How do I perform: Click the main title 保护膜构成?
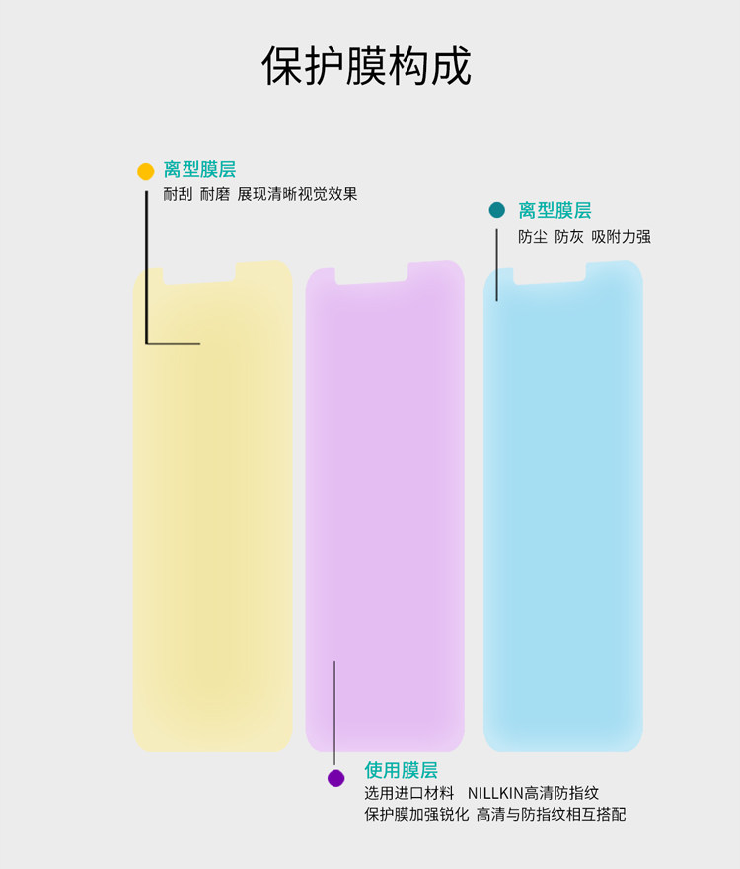click(x=367, y=66)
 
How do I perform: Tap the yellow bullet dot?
click(x=146, y=171)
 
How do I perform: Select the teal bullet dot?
click(x=497, y=210)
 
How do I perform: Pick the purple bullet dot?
click(x=336, y=778)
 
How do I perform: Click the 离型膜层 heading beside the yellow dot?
click(x=199, y=170)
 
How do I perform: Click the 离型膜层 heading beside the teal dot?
click(x=555, y=210)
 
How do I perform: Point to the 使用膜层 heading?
click(x=401, y=770)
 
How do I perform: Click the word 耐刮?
click(x=178, y=194)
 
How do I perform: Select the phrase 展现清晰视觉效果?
click(x=297, y=194)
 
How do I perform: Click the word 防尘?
click(x=533, y=237)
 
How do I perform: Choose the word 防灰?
click(x=569, y=237)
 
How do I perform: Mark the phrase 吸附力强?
click(x=622, y=237)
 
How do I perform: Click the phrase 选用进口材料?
click(x=409, y=793)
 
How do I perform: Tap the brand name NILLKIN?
click(x=495, y=793)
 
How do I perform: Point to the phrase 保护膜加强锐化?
click(x=416, y=815)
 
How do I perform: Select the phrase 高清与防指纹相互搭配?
click(x=551, y=815)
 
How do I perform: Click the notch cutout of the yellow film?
click(x=198, y=274)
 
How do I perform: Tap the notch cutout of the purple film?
click(x=371, y=275)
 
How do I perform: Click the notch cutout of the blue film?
click(x=550, y=275)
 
